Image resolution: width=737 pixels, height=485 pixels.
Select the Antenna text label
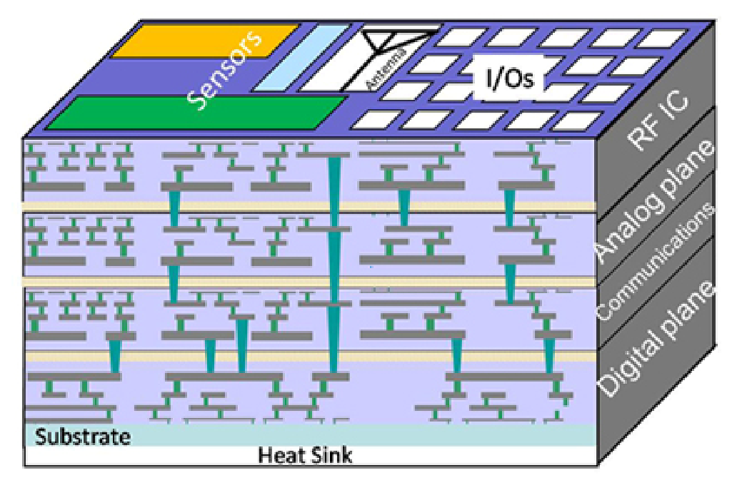pos(387,69)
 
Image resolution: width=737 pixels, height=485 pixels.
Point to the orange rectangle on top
pos(204,40)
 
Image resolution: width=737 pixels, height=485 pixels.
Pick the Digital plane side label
pos(656,339)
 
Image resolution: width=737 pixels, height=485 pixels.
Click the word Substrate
pos(83,436)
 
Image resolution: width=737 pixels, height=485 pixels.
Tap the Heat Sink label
pos(305,455)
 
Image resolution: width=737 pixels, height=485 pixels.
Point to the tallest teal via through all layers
pos(334,264)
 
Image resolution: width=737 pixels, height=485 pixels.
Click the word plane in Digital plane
pos(681,311)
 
